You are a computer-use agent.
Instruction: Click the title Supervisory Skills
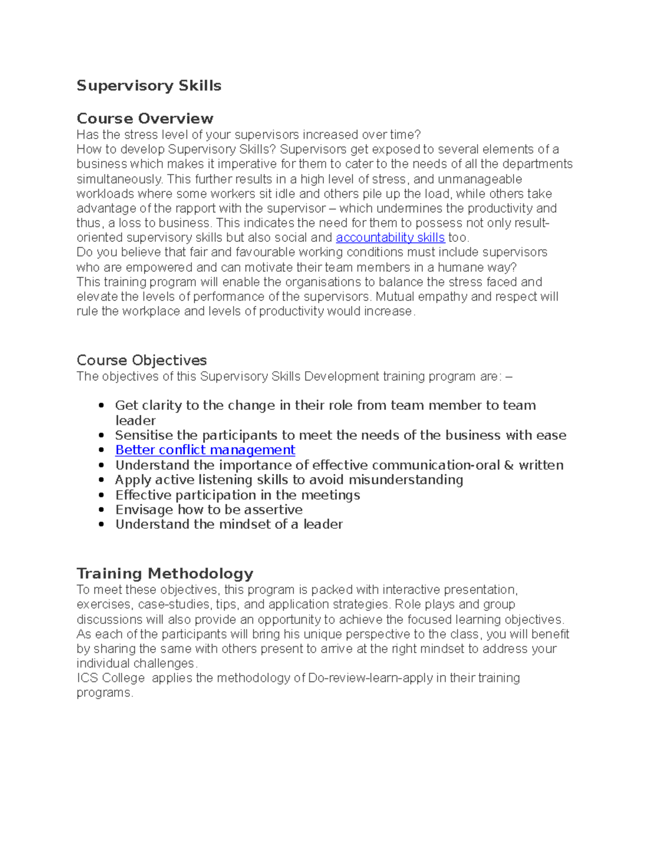pyautogui.click(x=149, y=86)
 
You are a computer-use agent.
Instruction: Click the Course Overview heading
pyautogui.click(x=145, y=118)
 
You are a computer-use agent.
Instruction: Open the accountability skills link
pyautogui.click(x=390, y=237)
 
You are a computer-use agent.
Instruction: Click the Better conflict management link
pyautogui.click(x=205, y=450)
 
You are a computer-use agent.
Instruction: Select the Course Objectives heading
pyautogui.click(x=141, y=360)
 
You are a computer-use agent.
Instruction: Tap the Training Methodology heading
pyautogui.click(x=165, y=573)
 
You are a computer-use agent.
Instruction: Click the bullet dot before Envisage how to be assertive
pyautogui.click(x=102, y=510)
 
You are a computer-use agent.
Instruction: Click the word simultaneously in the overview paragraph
pyautogui.click(x=119, y=179)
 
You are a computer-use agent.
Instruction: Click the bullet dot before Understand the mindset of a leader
pyautogui.click(x=102, y=524)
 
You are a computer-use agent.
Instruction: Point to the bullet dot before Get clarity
pyautogui.click(x=102, y=405)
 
